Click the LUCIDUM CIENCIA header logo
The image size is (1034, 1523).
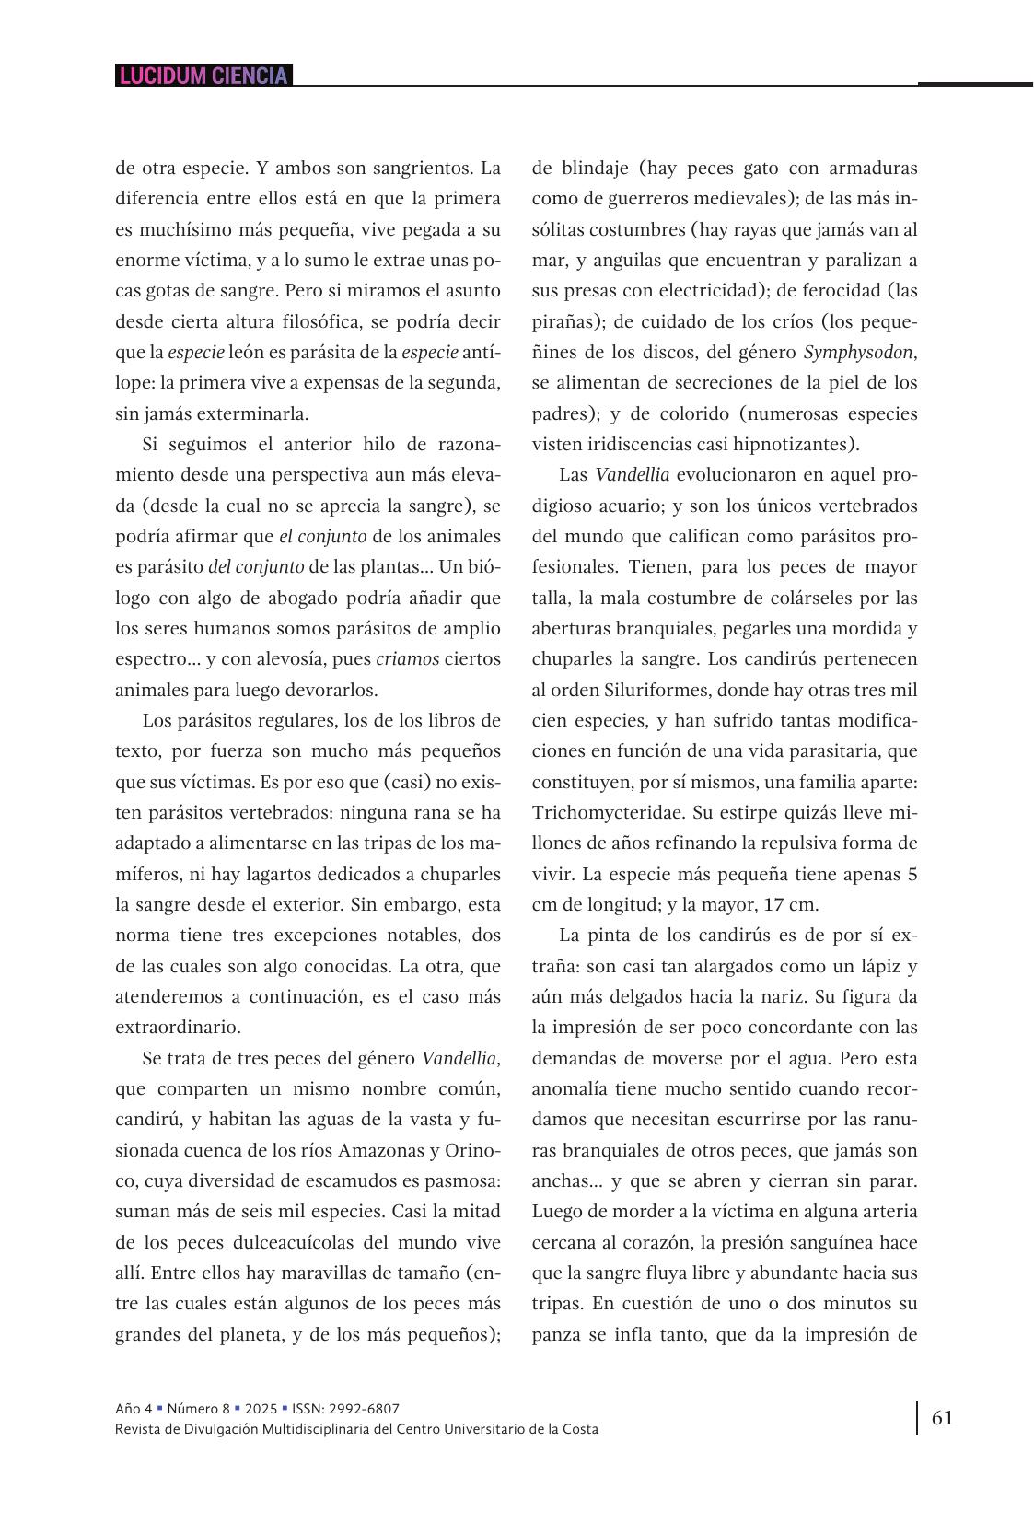coord(203,76)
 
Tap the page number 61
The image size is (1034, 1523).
coord(943,1417)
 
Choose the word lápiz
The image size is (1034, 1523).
coord(877,966)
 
